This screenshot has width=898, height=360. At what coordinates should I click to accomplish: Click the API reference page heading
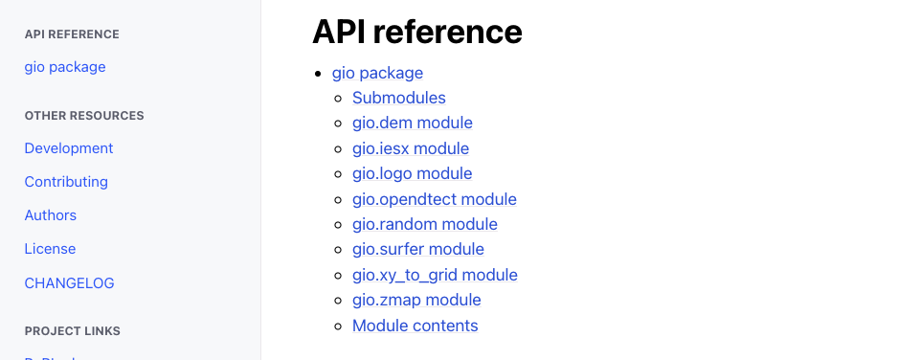pyautogui.click(x=417, y=32)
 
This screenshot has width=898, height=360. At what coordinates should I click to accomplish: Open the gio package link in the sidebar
pyautogui.click(x=65, y=67)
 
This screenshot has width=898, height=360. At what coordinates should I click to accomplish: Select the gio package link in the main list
pyautogui.click(x=377, y=73)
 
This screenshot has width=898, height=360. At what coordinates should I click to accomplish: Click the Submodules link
pyautogui.click(x=399, y=98)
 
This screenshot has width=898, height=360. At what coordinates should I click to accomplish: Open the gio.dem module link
pyautogui.click(x=413, y=123)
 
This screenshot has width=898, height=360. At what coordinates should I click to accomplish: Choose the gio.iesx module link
pyautogui.click(x=411, y=148)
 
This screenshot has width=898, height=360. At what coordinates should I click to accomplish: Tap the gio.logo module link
pyautogui.click(x=413, y=173)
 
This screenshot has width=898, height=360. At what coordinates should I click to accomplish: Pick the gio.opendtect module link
pyautogui.click(x=435, y=199)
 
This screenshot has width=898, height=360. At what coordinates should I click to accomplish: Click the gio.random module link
pyautogui.click(x=425, y=224)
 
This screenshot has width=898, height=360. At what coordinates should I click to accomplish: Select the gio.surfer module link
pyautogui.click(x=418, y=249)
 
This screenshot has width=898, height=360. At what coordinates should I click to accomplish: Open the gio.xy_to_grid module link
pyautogui.click(x=435, y=275)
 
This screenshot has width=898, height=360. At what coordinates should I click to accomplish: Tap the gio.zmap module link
pyautogui.click(x=416, y=300)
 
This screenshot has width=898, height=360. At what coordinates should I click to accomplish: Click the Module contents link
pyautogui.click(x=415, y=326)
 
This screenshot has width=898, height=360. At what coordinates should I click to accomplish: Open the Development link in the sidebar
pyautogui.click(x=69, y=148)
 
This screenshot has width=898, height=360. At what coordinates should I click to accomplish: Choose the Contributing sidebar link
pyautogui.click(x=66, y=182)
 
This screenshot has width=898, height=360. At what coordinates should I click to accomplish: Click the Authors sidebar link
pyautogui.click(x=51, y=215)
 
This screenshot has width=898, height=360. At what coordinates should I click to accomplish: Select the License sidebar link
pyautogui.click(x=50, y=249)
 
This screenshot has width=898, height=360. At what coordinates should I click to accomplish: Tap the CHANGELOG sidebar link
pyautogui.click(x=69, y=283)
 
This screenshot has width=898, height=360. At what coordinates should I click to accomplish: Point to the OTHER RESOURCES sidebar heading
pyautogui.click(x=84, y=116)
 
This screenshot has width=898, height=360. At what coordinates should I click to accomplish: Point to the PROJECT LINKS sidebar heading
pyautogui.click(x=73, y=331)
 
